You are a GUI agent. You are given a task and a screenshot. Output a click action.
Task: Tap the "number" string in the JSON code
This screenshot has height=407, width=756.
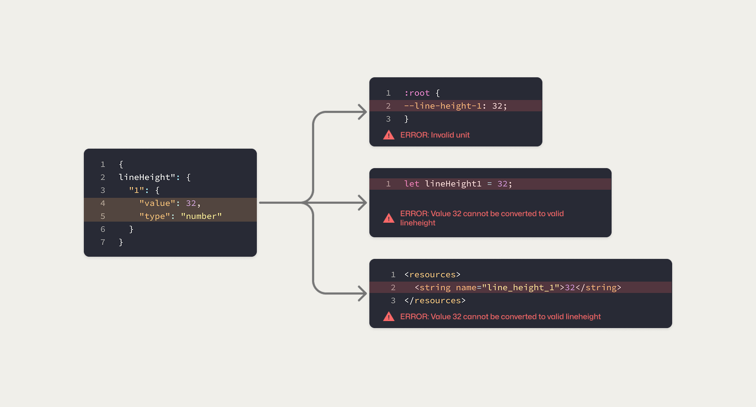pos(201,216)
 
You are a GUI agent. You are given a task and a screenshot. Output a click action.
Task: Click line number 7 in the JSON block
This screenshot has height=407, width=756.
pos(103,242)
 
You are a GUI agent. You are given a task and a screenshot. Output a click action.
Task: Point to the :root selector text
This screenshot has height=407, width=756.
pos(417,93)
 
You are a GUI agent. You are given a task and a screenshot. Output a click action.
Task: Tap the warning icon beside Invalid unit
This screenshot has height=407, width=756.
pos(389,135)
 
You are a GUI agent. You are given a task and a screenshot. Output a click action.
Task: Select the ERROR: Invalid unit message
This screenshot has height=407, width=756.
pos(435,135)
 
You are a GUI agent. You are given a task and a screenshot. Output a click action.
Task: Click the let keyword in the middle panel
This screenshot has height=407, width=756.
pos(412,184)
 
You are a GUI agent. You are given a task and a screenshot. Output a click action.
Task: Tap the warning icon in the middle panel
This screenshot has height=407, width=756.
pos(389,218)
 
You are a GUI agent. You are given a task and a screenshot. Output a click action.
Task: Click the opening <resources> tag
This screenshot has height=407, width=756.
pos(432,275)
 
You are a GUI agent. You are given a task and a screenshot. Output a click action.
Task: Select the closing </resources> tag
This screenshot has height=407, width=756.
pos(435,301)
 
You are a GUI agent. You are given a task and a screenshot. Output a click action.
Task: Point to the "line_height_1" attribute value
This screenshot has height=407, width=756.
pos(520,288)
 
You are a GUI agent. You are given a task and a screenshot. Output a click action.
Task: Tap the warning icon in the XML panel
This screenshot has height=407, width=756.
pos(389,317)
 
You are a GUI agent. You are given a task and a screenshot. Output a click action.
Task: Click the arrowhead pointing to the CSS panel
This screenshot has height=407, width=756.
pos(363,112)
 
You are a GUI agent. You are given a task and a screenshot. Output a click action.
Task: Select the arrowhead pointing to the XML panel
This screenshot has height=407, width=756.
pos(363,294)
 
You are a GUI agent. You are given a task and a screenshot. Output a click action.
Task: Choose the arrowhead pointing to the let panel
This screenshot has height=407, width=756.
pos(363,203)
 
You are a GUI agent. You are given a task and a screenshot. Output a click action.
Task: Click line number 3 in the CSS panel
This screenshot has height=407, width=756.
pos(388,119)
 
